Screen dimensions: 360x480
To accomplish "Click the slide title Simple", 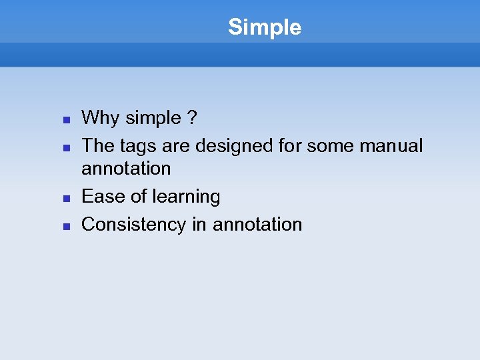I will click(x=265, y=27).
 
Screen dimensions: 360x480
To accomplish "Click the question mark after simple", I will click(x=192, y=119).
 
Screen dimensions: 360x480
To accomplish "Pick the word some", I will click(x=334, y=146).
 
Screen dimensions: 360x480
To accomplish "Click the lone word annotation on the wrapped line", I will click(x=126, y=169).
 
